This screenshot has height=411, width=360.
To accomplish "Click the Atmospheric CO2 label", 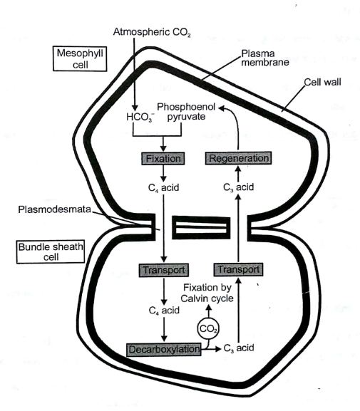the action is click(152, 32).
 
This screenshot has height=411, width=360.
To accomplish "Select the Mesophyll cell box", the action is click(80, 58).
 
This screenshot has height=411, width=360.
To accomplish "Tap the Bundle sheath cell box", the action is click(51, 251).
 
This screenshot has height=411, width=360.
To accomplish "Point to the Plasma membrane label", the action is click(265, 58).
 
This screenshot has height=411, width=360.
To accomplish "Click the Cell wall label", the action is click(322, 82).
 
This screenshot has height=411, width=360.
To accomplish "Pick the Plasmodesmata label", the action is click(55, 209).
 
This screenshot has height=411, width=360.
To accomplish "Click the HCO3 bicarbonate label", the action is click(140, 117).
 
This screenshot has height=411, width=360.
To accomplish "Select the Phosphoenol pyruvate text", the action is click(186, 112).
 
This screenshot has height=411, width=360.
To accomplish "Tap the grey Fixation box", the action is click(163, 159).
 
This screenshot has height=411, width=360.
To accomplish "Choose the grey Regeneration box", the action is click(238, 158).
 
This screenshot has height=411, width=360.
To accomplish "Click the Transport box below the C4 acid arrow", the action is click(164, 270).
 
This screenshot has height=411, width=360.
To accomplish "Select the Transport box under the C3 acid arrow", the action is click(238, 269).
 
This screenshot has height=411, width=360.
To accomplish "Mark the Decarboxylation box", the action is click(164, 350).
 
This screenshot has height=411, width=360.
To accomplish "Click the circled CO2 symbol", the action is click(208, 328).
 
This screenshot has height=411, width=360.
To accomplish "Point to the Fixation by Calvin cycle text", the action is click(207, 293).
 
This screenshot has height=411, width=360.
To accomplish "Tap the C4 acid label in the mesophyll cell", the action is click(163, 187).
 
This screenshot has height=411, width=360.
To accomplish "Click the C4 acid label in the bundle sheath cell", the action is click(164, 311).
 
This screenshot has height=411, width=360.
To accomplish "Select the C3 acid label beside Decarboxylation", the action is click(239, 348).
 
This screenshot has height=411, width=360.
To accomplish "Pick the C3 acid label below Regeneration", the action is click(238, 187).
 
